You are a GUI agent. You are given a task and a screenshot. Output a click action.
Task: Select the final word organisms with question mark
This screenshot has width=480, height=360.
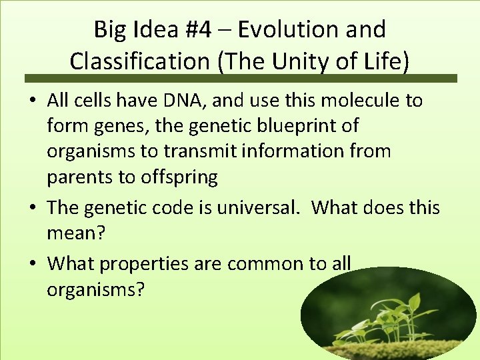pyautogui.click(x=95, y=290)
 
